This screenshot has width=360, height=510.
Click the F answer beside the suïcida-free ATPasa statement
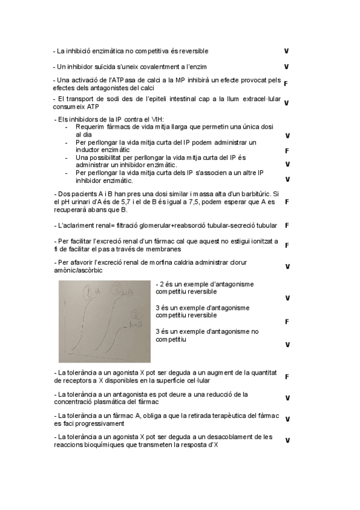coord(285,84)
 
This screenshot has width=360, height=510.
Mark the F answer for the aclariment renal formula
coord(287,226)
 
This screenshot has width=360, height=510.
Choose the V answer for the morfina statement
coord(287,266)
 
